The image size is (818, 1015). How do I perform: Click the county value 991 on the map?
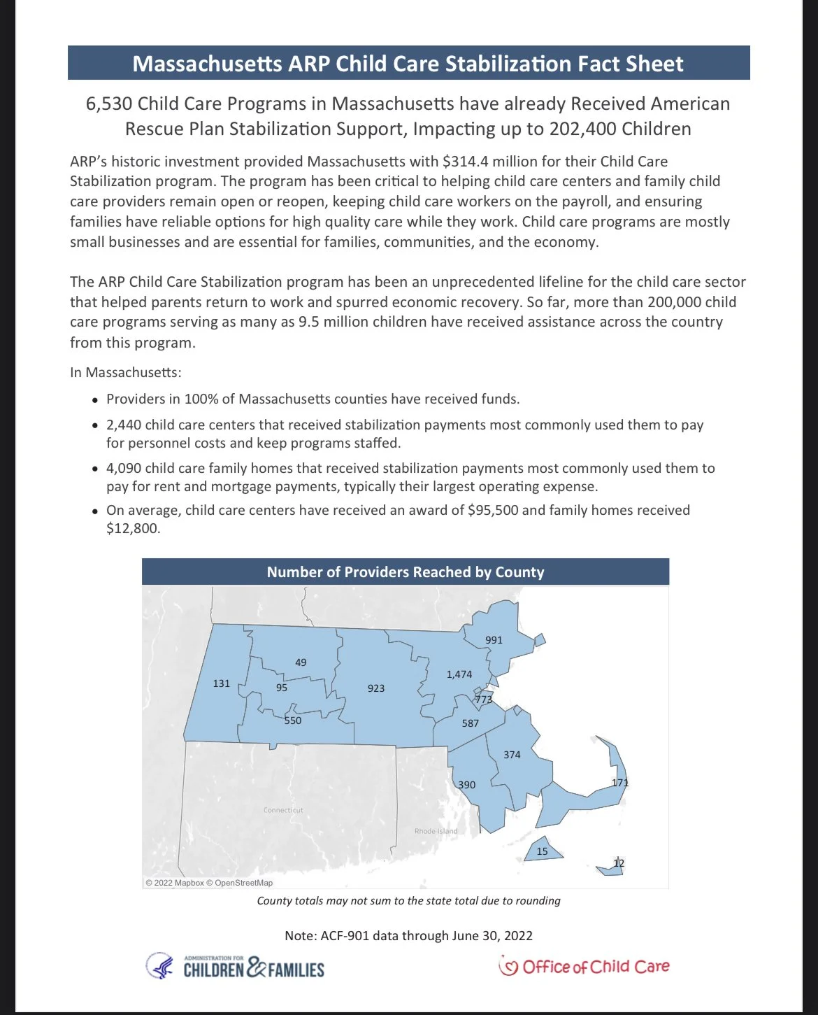coord(494,640)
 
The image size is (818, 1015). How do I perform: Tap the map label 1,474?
coord(459,674)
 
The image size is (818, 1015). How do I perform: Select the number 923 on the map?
coord(376,688)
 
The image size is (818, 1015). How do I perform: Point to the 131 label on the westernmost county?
coord(222,683)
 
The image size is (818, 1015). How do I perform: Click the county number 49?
coord(301,662)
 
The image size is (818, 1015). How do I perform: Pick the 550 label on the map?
coord(293,721)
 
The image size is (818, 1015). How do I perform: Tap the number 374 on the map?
coord(512,755)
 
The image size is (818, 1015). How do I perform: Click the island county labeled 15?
coord(543,851)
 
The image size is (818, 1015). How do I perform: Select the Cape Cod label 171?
coord(620,783)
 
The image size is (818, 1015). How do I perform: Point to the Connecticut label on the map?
coord(283,810)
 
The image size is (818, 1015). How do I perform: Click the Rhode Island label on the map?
coord(436,831)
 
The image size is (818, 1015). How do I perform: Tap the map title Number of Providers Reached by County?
coord(406,572)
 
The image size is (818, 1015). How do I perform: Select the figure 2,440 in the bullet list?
coord(124,425)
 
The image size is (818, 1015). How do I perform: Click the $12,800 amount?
coord(133,528)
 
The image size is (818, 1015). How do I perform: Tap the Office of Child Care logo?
coord(584,967)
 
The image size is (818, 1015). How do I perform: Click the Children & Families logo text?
coord(254,970)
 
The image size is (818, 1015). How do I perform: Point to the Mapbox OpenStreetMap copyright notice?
coord(209,883)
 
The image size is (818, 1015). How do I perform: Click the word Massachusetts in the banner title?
coord(207,64)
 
